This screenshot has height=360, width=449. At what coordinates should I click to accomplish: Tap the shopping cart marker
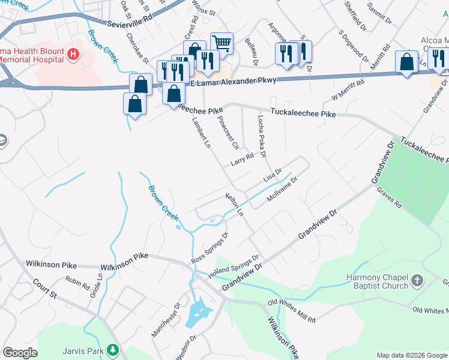pyautogui.click(x=221, y=43)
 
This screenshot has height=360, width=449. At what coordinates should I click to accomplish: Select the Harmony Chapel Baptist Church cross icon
pyautogui.click(x=417, y=280)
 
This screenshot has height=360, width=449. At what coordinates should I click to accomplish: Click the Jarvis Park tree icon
pyautogui.click(x=112, y=349)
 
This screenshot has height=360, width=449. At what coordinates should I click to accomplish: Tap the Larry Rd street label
pyautogui.click(x=242, y=159)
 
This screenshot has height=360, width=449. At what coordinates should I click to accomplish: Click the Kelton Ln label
pyautogui.click(x=234, y=205)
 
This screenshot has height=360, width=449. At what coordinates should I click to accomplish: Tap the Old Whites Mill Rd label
pyautogui.click(x=291, y=310)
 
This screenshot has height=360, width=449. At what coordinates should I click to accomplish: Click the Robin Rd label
pyautogui.click(x=77, y=281)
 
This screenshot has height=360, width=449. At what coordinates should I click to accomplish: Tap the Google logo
pyautogui.click(x=20, y=353)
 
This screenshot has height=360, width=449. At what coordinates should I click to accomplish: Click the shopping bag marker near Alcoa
pyautogui.click(x=406, y=62)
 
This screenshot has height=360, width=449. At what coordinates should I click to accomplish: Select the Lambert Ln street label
pyautogui.click(x=201, y=132)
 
